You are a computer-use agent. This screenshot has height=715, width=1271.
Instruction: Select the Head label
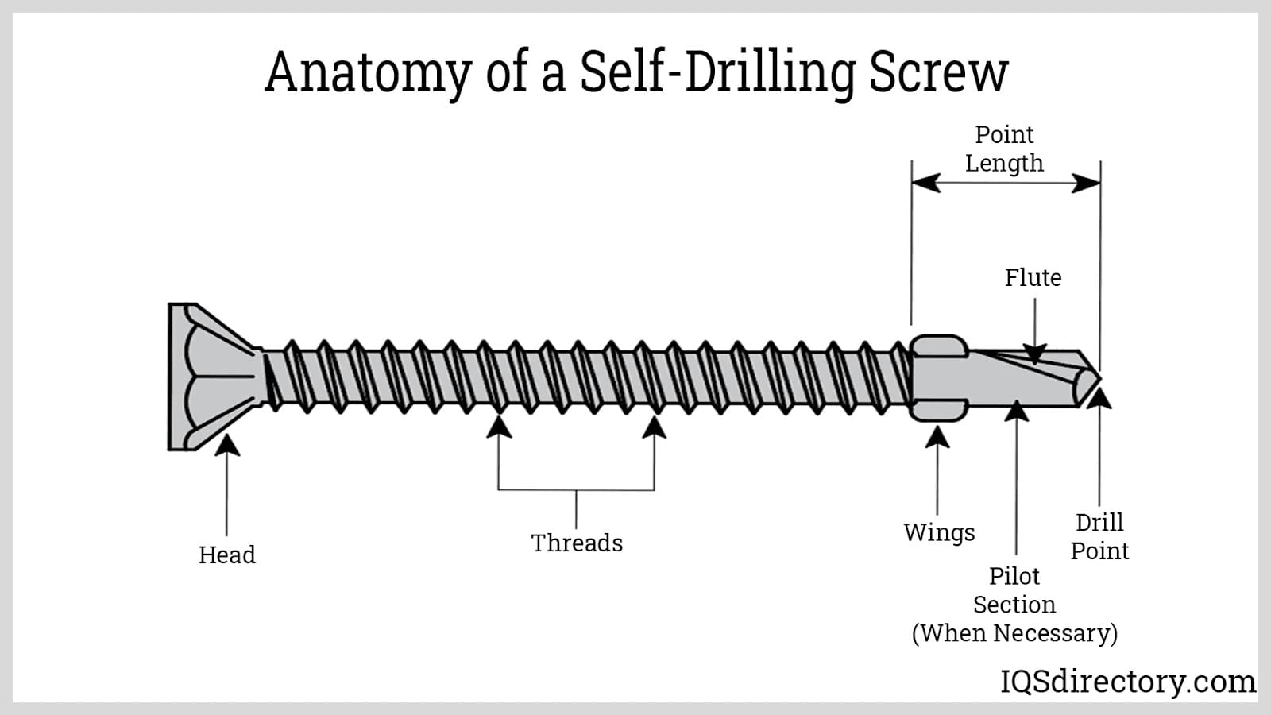(227, 555)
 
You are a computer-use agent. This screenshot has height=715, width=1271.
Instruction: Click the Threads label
(577, 543)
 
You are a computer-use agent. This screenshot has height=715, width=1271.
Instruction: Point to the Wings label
(939, 532)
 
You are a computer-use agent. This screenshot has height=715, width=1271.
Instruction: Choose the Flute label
(1033, 277)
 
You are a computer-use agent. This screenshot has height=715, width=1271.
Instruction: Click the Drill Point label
(1099, 536)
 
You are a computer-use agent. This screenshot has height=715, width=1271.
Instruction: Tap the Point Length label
(1004, 149)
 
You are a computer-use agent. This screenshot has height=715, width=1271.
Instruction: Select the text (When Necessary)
(1014, 633)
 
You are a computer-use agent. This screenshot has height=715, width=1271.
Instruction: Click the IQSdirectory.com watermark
(1127, 682)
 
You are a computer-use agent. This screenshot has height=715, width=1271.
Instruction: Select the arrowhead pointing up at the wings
(938, 436)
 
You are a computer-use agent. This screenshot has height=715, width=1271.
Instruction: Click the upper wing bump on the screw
(938, 346)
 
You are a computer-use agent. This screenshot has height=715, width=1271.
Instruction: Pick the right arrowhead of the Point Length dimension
(1086, 184)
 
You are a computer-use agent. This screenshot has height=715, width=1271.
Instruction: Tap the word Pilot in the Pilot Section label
(1014, 575)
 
